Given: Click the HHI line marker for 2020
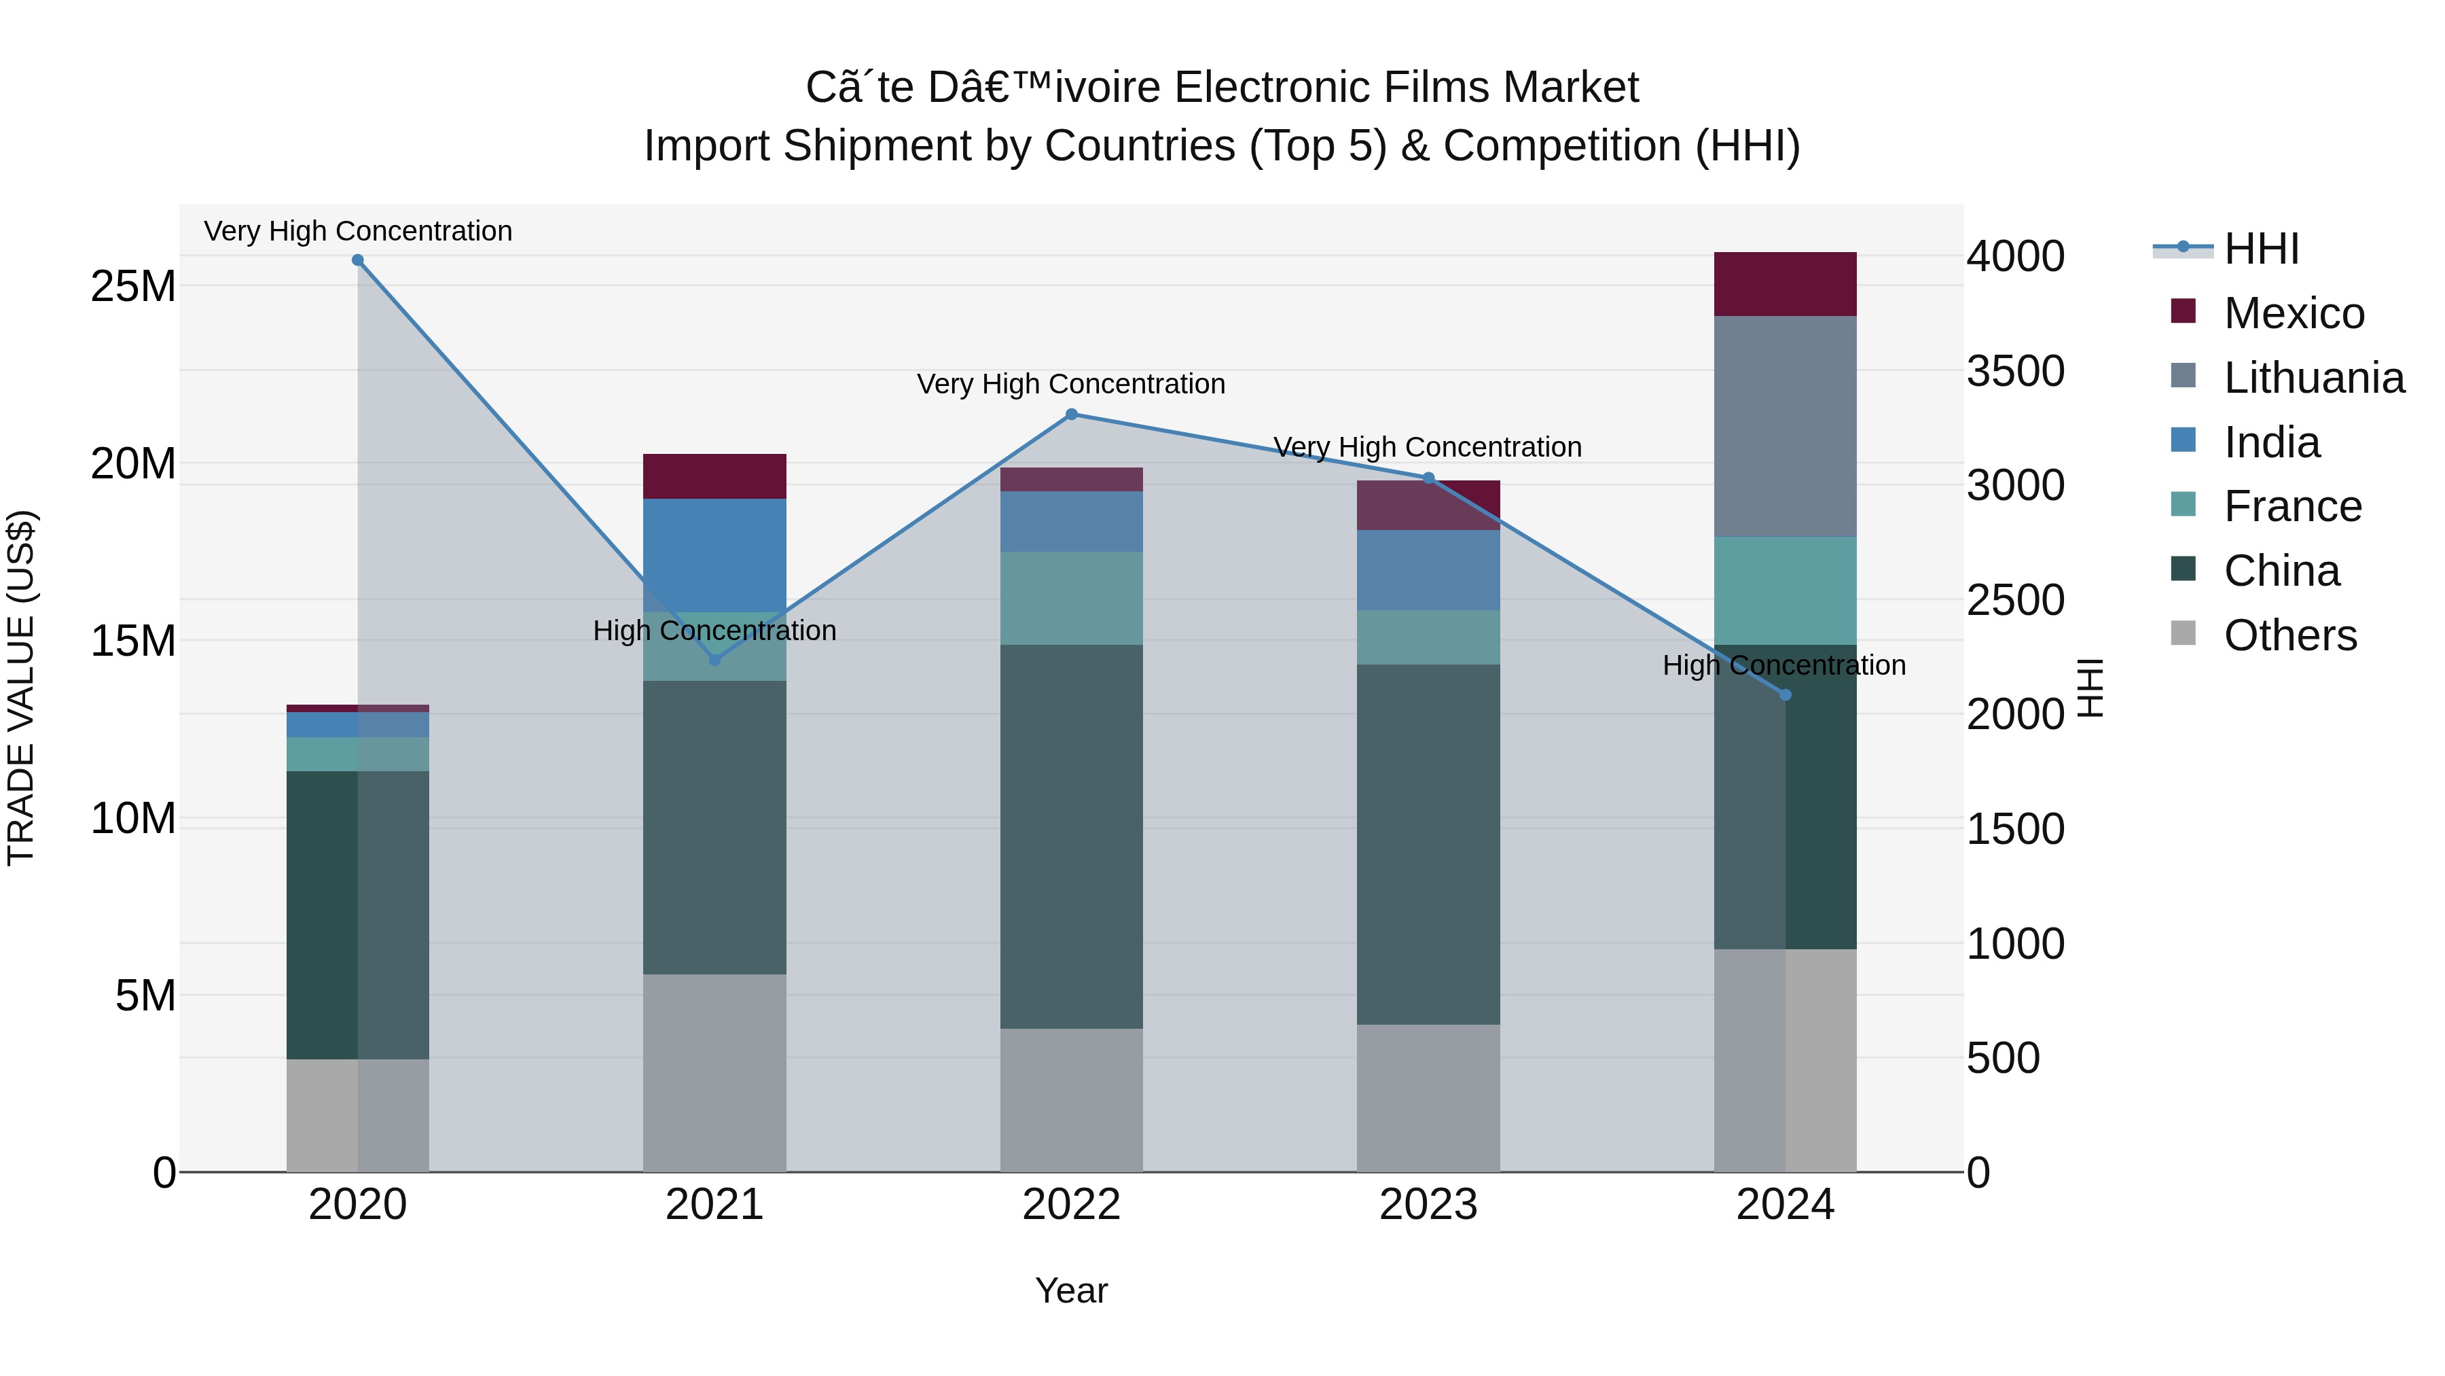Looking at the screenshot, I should point(358,260).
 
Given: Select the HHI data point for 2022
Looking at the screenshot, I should point(1072,414).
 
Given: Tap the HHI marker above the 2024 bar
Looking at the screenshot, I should point(1786,695).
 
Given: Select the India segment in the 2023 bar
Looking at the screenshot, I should point(1428,570).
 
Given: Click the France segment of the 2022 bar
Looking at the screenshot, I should point(1072,598).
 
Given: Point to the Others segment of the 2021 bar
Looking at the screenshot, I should point(714,1073).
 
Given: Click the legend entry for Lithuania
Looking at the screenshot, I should point(2313,378).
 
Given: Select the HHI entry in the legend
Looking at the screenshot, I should point(2261,249).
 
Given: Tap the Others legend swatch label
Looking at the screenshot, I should point(2289,635).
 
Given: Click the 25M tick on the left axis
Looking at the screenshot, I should point(133,286).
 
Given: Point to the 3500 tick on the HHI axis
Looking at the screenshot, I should point(2015,370).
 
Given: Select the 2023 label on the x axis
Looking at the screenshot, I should point(1428,1205).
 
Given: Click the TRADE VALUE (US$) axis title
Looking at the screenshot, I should point(21,688).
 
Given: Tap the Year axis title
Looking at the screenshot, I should point(1072,1290).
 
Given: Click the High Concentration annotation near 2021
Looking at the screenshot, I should point(714,631).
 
